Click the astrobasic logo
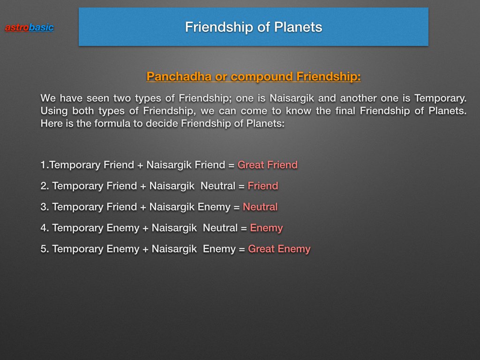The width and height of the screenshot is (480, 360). point(30,28)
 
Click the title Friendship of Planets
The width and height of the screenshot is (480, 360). point(254,27)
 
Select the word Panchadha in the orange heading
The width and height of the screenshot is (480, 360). point(179,76)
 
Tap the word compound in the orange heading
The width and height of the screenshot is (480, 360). point(262,76)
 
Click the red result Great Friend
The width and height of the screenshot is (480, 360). point(268,165)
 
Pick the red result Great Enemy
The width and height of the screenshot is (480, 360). point(279,249)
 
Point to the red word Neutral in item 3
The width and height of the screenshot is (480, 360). point(260,207)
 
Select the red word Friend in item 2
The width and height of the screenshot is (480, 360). point(262,186)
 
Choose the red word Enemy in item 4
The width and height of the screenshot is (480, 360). point(266,228)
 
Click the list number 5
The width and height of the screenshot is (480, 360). point(45,249)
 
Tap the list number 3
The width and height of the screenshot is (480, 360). point(45,207)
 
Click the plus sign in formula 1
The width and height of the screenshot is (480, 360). point(140,165)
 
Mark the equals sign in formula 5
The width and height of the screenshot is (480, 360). point(242,249)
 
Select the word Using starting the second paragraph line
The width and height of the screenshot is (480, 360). point(54,111)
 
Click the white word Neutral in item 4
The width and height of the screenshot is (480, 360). point(220,228)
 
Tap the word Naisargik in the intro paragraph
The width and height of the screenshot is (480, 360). point(292,98)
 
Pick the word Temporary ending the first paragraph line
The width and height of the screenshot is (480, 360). point(440,98)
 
